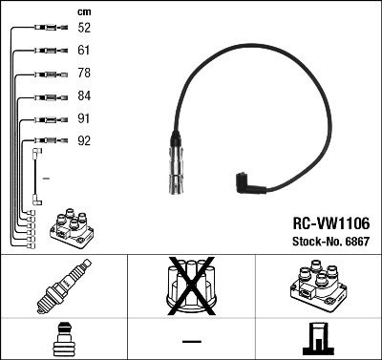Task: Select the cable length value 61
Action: (84, 50)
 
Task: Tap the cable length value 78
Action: (84, 74)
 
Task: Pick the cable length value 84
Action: (84, 96)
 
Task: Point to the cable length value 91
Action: (84, 119)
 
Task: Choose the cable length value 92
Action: (84, 142)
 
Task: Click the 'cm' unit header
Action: (83, 11)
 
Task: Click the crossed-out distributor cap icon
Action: (191, 286)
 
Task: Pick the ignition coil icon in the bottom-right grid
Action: (317, 286)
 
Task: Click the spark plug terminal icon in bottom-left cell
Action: (63, 339)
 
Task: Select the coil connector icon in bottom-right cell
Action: (317, 339)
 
